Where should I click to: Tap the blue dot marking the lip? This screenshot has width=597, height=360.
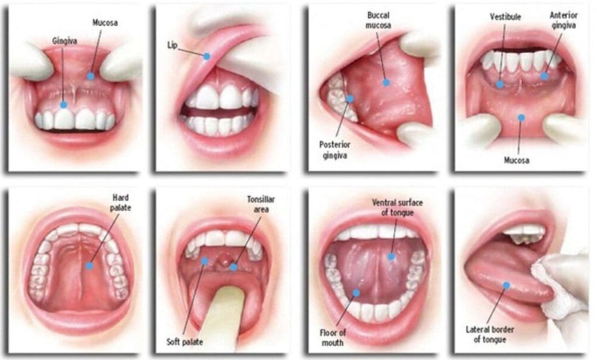[x=207, y=56]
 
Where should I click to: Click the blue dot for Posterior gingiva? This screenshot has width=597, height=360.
[x=350, y=99]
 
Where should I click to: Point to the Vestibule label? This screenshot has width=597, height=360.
[x=505, y=17]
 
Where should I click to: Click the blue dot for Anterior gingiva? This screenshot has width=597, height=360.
[x=545, y=76]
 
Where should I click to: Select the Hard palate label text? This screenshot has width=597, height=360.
[x=121, y=202]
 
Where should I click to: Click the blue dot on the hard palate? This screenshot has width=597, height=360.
[x=90, y=266]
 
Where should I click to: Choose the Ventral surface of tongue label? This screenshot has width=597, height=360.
[x=398, y=206]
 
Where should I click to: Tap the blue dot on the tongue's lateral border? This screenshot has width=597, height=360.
[x=506, y=284]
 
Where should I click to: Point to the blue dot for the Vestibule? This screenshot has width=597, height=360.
[x=500, y=84]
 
